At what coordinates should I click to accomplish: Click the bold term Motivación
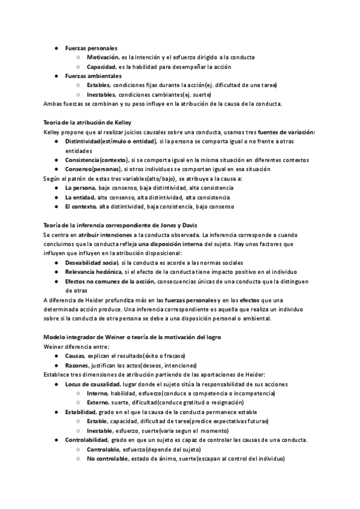[102, 57]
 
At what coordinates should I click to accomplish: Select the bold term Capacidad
[101, 67]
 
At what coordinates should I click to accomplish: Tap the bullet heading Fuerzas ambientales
[93, 76]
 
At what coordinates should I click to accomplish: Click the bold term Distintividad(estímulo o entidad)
[109, 141]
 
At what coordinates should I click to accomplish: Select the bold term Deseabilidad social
[92, 262]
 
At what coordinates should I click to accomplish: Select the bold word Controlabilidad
[87, 440]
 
